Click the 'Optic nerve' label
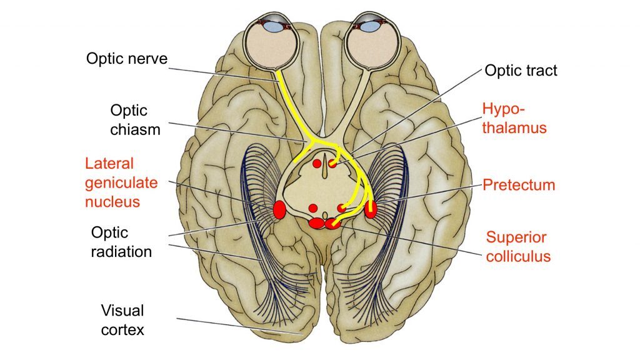click(126, 59)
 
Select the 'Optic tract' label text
click(521, 71)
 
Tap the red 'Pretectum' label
click(519, 185)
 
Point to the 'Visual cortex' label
click(122, 321)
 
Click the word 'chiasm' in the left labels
click(135, 130)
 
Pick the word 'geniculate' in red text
click(121, 183)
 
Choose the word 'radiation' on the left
click(121, 252)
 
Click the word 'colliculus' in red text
click(518, 256)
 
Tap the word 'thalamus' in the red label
click(514, 127)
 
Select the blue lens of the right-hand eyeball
click(370, 26)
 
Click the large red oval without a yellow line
click(279, 210)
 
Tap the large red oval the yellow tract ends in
click(371, 209)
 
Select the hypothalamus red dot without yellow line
click(317, 164)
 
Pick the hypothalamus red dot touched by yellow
click(332, 164)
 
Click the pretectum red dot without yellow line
click(313, 208)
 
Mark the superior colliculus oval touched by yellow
click(332, 223)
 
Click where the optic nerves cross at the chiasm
click(322, 141)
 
